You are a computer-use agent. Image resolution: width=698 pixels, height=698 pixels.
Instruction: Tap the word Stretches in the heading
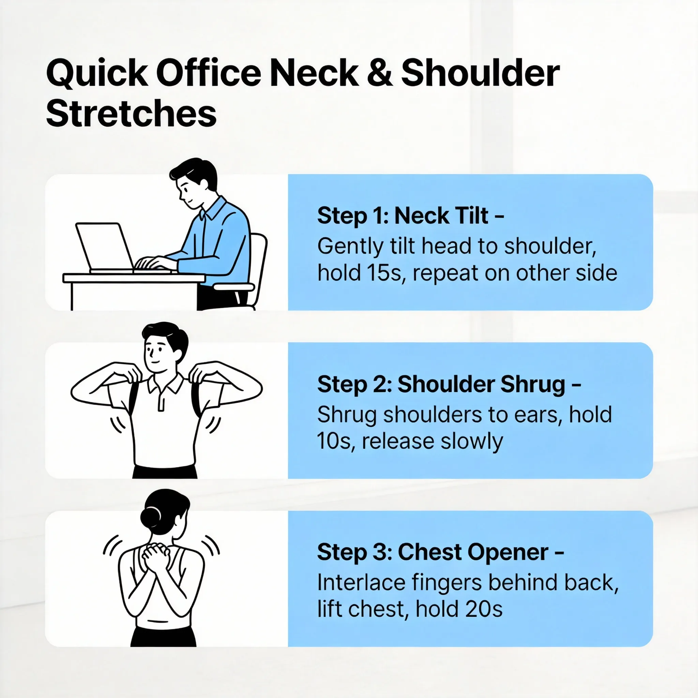(131, 113)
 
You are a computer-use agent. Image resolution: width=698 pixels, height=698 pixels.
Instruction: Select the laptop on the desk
(105, 247)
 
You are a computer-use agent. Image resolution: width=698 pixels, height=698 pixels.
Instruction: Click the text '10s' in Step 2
(334, 441)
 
